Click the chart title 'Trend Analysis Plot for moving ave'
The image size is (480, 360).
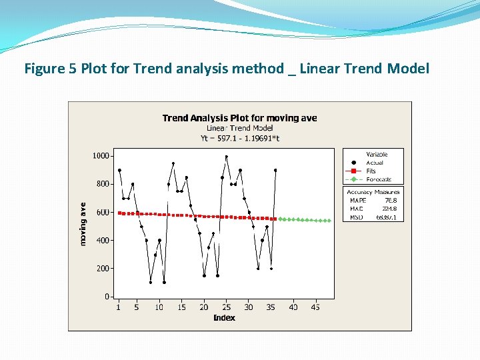click(x=239, y=118)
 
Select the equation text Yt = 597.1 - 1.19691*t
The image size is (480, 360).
click(x=239, y=138)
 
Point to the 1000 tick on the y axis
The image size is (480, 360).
click(x=101, y=155)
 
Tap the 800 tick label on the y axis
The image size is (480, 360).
click(x=103, y=183)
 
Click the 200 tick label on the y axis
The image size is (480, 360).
click(x=103, y=268)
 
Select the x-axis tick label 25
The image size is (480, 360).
click(x=226, y=307)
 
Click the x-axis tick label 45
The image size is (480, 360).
click(x=316, y=307)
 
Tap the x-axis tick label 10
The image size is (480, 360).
click(x=159, y=307)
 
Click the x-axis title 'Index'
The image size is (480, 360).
click(x=224, y=318)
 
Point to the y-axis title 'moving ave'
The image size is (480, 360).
click(x=83, y=224)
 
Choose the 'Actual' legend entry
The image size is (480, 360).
click(x=375, y=163)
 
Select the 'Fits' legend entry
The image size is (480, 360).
click(x=371, y=171)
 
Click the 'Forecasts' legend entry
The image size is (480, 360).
click(x=379, y=179)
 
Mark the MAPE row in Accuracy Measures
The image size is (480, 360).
click(x=373, y=200)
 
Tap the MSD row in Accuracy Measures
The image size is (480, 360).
click(x=373, y=217)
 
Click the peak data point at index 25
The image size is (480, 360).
click(x=227, y=157)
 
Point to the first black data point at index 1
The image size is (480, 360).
click(x=119, y=170)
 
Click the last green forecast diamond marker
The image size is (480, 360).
click(x=329, y=221)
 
